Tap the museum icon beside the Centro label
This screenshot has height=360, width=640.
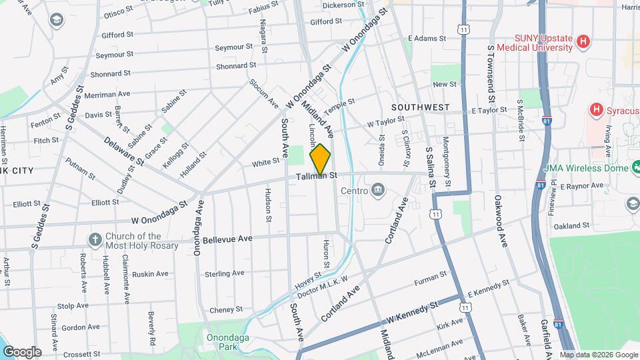(379, 191)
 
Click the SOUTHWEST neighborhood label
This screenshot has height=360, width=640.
(420, 107)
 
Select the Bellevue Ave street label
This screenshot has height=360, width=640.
(227, 239)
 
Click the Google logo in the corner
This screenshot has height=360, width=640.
(22, 351)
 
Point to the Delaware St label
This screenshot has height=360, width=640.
(123, 151)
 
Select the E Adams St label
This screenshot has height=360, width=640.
(426, 39)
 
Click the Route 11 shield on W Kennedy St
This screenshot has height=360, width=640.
(464, 307)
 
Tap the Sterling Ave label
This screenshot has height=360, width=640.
(225, 274)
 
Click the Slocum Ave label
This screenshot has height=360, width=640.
(263, 93)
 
